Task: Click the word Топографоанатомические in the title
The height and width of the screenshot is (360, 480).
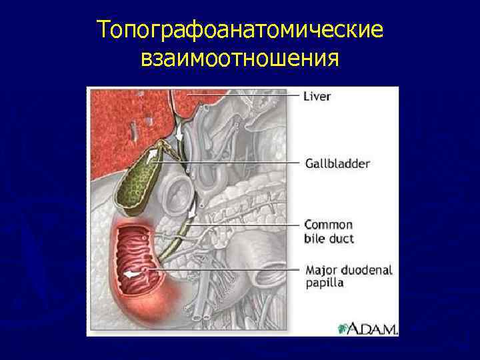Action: point(240,31)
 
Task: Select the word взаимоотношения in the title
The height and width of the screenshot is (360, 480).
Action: point(240,59)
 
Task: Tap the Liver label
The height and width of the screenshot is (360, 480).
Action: point(317,97)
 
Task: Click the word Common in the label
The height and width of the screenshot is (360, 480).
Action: point(329,225)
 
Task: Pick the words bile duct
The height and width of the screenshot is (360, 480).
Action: point(329,238)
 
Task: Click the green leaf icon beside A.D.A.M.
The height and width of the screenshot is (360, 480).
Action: point(343,329)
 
